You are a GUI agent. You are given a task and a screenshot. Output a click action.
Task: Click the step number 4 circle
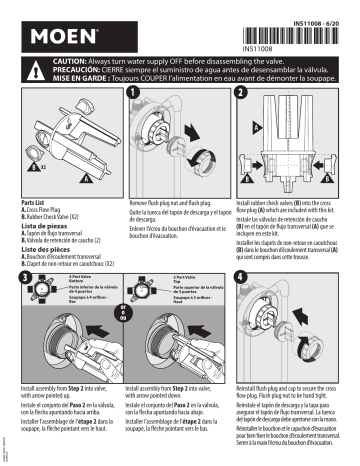pyautogui.click(x=240, y=246)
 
